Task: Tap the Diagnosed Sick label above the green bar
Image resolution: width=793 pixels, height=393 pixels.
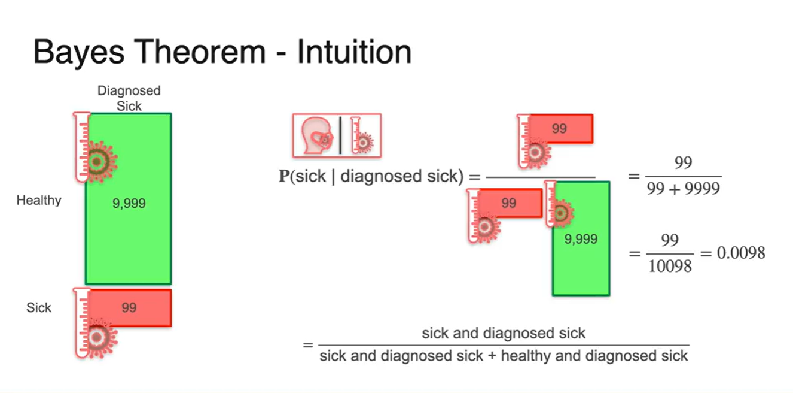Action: [129, 98]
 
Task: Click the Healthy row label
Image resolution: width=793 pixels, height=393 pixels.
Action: [39, 200]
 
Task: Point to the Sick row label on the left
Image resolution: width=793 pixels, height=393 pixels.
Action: [39, 308]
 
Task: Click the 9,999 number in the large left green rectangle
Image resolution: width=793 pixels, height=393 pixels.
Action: [129, 204]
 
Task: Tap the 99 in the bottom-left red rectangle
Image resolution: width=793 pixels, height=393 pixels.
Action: [129, 308]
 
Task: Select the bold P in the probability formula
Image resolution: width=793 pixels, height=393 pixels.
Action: [284, 177]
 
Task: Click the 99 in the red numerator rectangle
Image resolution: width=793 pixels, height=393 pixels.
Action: [560, 129]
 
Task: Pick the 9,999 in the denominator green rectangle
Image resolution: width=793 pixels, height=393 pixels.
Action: [581, 239]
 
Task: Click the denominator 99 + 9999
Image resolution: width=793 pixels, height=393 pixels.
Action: [682, 189]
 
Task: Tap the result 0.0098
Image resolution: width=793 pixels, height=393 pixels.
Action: [741, 253]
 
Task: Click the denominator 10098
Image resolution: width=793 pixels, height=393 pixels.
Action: [670, 265]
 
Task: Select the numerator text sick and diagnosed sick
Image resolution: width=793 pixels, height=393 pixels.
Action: [504, 333]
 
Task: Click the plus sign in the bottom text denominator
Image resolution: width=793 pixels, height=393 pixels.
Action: [492, 356]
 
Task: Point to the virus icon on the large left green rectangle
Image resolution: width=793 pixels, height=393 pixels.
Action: [98, 160]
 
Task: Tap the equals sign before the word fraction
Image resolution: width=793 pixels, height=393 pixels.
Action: [308, 346]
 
